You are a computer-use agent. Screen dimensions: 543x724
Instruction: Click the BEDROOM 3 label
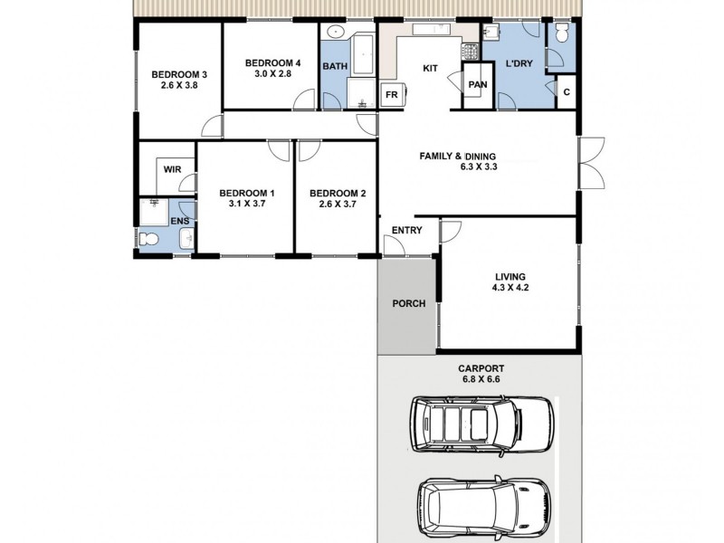[x=179, y=74]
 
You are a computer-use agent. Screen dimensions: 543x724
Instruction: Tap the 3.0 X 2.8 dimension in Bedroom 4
[x=272, y=73]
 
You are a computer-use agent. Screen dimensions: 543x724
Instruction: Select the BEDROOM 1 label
[x=247, y=193]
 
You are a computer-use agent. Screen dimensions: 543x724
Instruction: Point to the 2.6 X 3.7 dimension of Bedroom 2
[x=337, y=204]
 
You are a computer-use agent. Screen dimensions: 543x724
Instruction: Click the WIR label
[x=172, y=169]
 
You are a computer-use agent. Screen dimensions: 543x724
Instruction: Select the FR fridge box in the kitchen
[x=392, y=94]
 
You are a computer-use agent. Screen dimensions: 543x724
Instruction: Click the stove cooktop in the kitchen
[x=469, y=51]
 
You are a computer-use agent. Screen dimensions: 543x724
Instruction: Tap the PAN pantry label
[x=477, y=84]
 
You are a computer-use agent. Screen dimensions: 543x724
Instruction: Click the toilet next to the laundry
[x=562, y=36]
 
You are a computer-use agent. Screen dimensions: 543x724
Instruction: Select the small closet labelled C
[x=566, y=92]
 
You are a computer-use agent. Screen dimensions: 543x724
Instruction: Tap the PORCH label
[x=408, y=304]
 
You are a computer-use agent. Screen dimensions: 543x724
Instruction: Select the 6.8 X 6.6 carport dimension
[x=481, y=380]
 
